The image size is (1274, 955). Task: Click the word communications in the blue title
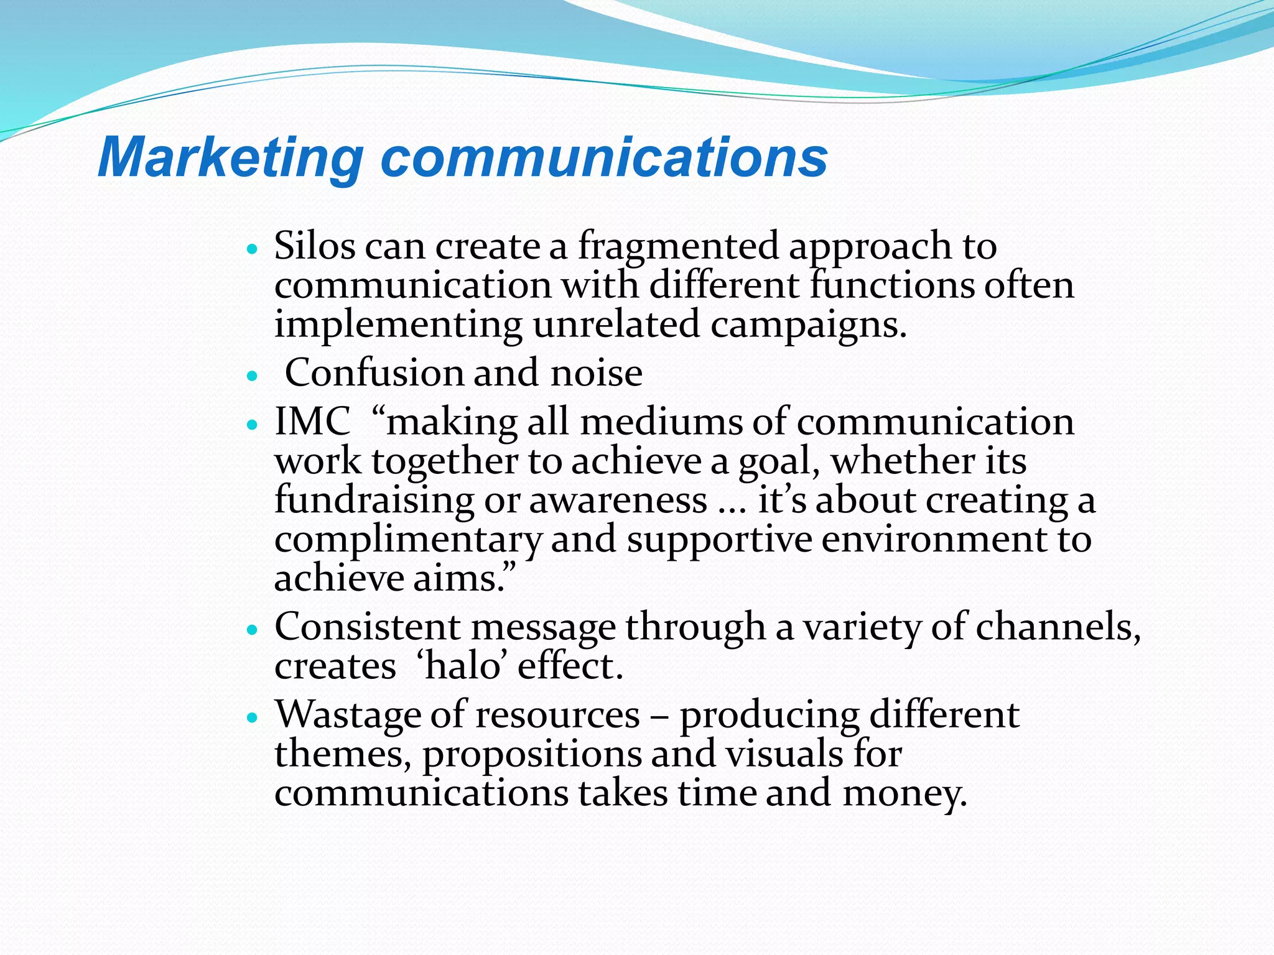click(603, 158)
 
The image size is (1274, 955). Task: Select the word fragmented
click(678, 247)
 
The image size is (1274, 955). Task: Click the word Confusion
click(374, 373)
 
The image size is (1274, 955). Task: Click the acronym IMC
click(312, 422)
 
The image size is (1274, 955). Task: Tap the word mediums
click(661, 422)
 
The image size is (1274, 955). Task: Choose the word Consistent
click(367, 627)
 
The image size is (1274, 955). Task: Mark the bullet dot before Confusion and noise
click(252, 376)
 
